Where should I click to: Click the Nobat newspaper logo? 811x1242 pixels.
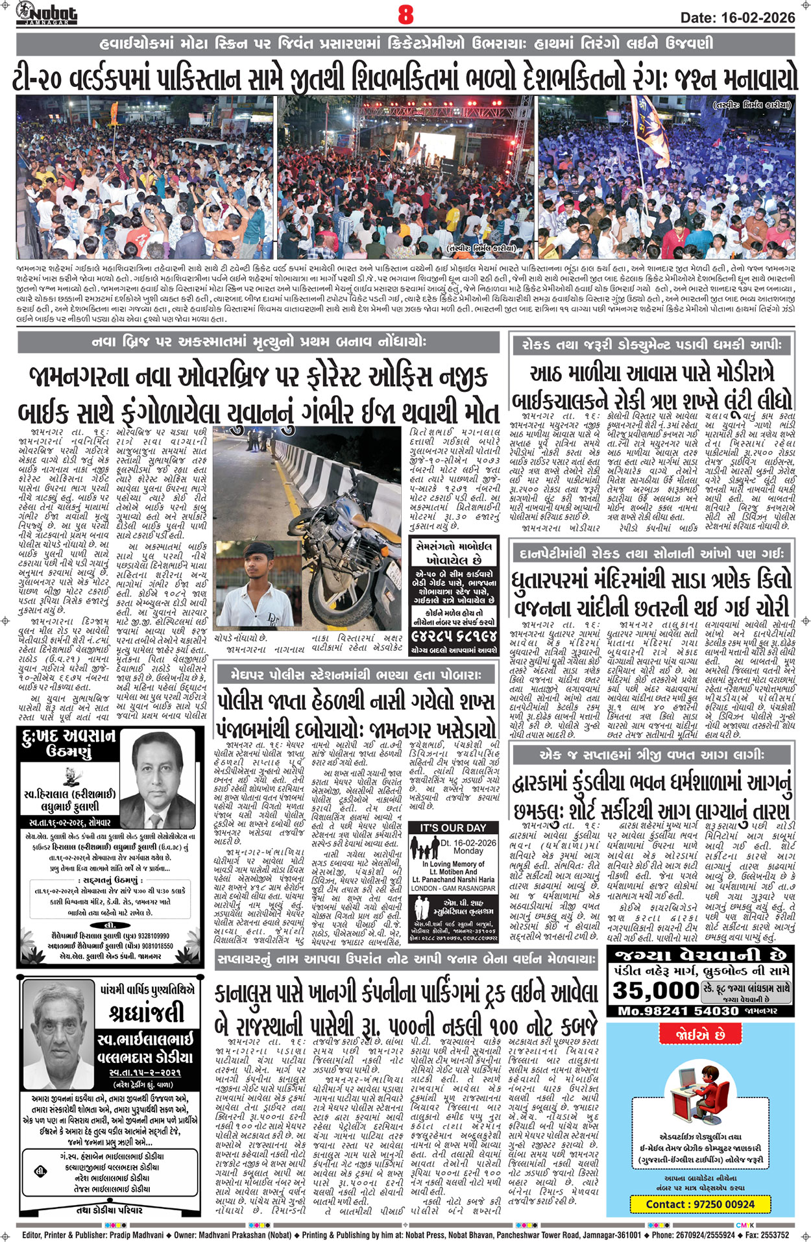(46, 12)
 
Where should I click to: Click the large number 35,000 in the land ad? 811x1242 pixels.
(655, 990)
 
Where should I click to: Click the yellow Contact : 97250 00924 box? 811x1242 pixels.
(700, 1204)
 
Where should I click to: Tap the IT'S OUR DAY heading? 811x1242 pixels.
(453, 828)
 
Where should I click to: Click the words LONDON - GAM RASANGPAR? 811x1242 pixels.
(453, 888)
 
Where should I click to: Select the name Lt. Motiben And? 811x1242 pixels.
(453, 872)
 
